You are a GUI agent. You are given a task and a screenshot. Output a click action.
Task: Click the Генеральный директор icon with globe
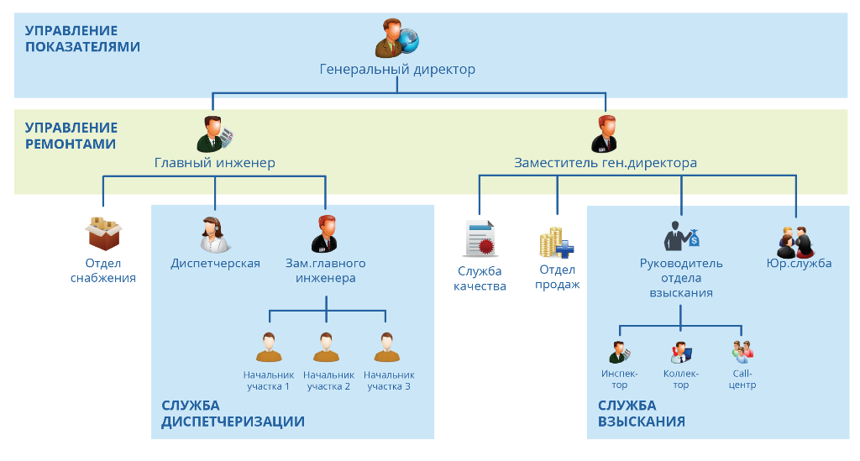(x=396, y=39)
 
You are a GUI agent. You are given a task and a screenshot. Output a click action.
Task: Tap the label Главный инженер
(x=215, y=163)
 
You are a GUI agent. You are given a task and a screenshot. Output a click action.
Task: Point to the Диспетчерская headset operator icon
(x=215, y=234)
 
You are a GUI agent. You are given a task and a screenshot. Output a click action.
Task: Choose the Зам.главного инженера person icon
(x=325, y=234)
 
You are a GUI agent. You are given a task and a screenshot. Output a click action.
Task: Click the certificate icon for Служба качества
(x=480, y=238)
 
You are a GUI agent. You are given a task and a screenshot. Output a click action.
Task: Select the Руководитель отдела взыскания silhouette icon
(x=681, y=235)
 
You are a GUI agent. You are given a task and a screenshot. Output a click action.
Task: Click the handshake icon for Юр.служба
(x=794, y=241)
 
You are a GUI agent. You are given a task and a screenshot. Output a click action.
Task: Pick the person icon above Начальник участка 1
(x=269, y=347)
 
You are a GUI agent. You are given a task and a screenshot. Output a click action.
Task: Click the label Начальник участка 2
(x=328, y=380)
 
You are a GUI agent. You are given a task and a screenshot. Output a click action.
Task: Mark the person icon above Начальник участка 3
(x=386, y=347)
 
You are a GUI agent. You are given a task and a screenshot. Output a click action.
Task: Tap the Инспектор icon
(x=620, y=351)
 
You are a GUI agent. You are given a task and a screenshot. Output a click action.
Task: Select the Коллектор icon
(x=680, y=351)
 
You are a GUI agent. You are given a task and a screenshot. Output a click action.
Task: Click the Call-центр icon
(x=742, y=351)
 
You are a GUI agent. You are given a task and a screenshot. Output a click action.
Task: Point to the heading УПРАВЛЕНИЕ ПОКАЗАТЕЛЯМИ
(x=82, y=39)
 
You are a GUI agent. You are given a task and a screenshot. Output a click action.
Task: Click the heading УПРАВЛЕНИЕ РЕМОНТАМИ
(x=71, y=136)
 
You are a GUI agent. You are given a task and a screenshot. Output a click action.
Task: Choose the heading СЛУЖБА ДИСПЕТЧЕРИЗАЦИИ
(x=233, y=413)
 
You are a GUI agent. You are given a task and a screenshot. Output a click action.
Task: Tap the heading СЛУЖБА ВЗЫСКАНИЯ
(x=642, y=413)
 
